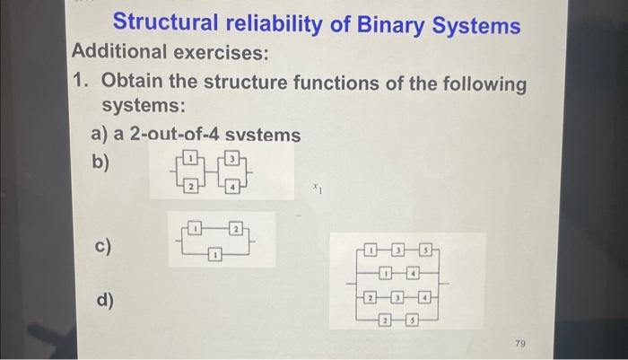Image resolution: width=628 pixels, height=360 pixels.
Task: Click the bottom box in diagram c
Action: point(216,256)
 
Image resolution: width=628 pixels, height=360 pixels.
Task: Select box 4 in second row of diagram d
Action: point(414,271)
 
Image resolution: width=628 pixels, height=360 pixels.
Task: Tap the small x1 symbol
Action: point(317,189)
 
